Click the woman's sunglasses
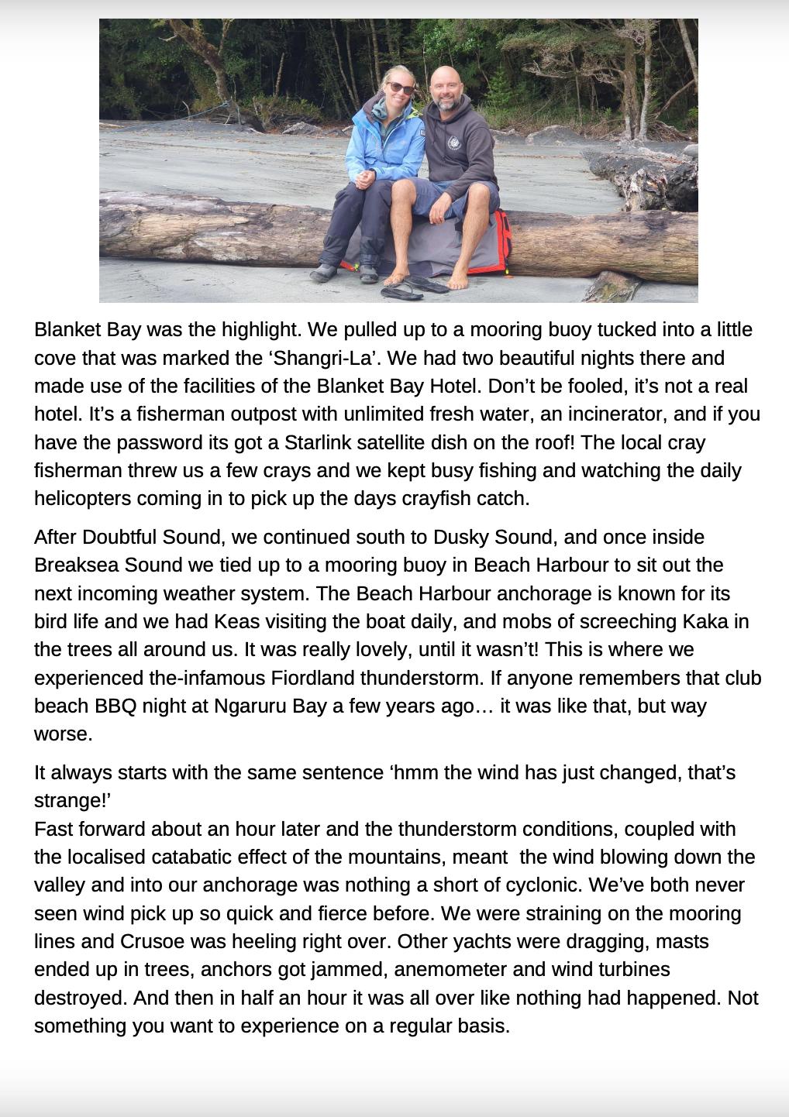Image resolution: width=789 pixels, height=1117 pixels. (x=401, y=88)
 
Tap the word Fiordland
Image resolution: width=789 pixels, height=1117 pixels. (x=319, y=678)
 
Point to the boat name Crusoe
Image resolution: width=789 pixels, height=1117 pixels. (x=151, y=941)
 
